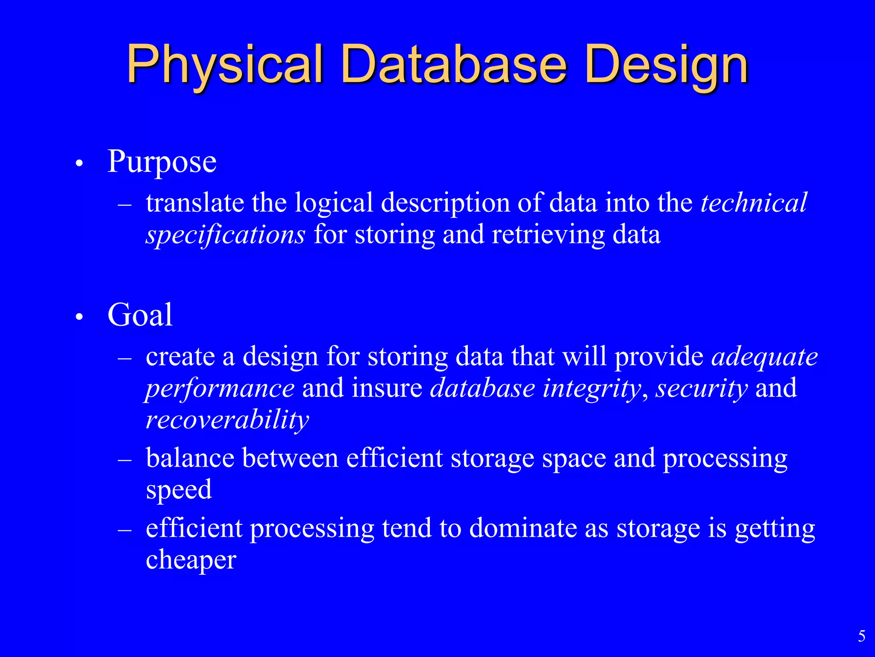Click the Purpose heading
pos(162,162)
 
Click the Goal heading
pos(140,315)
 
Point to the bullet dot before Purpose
pos(79,164)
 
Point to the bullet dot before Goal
pos(79,317)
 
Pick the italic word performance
pos(220,388)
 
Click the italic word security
pos(702,388)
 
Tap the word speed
pos(179,489)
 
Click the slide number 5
pos(861,636)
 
